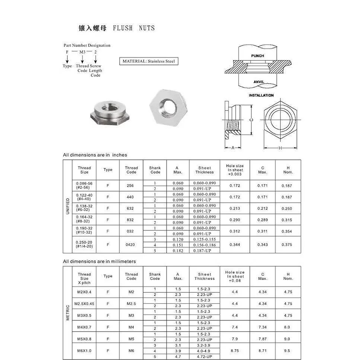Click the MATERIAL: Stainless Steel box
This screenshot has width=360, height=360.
point(149,61)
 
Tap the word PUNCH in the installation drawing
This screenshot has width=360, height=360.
point(257,56)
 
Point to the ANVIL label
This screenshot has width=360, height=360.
point(258,82)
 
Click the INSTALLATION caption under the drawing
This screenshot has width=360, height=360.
point(261,95)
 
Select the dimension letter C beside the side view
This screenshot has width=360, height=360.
point(251,120)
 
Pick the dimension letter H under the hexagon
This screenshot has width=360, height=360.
point(280,148)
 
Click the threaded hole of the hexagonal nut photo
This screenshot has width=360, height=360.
point(168,107)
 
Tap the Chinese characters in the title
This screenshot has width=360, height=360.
point(93,28)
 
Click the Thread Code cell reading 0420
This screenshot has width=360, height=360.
point(130,245)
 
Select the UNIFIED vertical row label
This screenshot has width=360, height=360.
point(67,206)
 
